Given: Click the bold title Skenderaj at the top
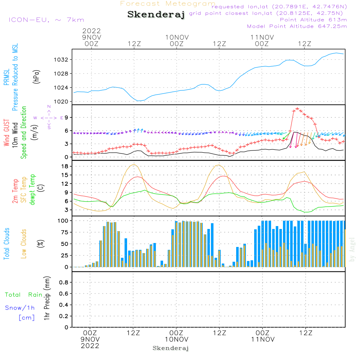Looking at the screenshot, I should coord(156,15).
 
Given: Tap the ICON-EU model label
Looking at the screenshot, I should coord(46,20).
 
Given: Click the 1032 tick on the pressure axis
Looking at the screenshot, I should coord(63,60).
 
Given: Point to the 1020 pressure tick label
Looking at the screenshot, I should coord(63,102).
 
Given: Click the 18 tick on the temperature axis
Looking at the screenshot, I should coord(65,166).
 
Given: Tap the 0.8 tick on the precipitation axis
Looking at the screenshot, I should coord(64,283).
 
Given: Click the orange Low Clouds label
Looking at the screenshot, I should coord(24,244).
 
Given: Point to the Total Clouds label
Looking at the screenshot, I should coord(7,244).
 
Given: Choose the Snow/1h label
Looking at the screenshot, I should coord(20,308).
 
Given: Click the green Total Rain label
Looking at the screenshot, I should coord(23,295).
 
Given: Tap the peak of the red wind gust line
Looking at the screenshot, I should coord(297,108).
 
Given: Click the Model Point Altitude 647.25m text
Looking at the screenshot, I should coord(297,26).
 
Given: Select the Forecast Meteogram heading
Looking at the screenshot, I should coord(167,4).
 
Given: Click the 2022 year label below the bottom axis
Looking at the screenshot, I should coord(90,346).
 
